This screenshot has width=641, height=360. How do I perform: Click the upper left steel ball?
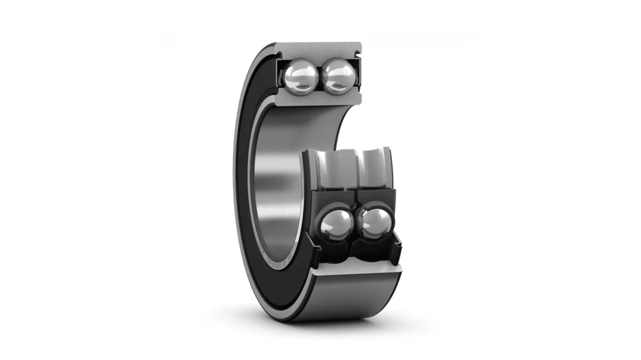[x=299, y=77]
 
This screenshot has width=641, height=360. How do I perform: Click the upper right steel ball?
[x=339, y=77]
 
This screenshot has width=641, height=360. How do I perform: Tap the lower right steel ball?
[x=376, y=224]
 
